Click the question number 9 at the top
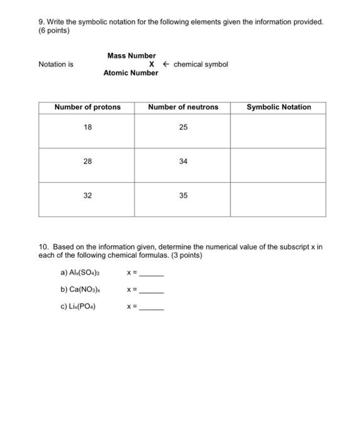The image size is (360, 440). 41,22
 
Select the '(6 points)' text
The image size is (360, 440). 54,31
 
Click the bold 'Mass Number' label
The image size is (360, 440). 131,56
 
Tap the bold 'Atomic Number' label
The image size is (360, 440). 131,73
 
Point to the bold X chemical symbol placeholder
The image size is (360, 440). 151,64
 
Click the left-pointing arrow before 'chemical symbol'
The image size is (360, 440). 166,64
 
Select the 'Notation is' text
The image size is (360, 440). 56,64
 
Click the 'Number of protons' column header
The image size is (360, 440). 87,107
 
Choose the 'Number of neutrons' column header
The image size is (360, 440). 183,107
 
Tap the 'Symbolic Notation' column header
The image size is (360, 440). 278,107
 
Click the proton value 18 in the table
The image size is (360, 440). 87,128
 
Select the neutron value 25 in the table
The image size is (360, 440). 183,128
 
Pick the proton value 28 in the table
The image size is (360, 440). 87,162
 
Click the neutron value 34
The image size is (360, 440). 183,162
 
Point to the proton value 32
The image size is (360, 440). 87,195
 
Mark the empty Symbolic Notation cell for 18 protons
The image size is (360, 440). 278,131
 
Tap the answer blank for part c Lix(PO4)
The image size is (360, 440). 151,309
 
